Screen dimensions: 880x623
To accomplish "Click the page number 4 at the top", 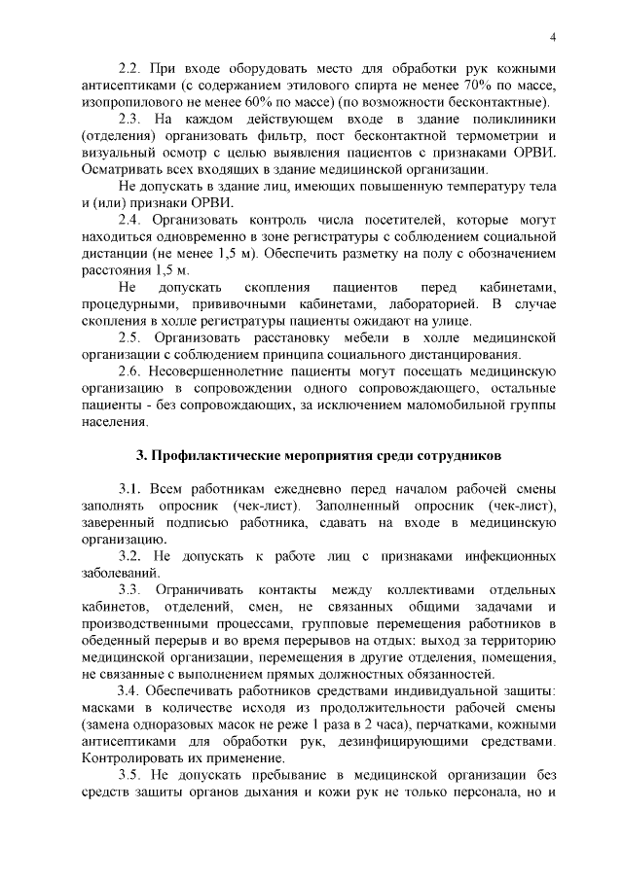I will click(552, 38).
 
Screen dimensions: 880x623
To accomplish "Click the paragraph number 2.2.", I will click(129, 69).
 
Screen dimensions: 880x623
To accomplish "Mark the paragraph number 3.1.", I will click(129, 487).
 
